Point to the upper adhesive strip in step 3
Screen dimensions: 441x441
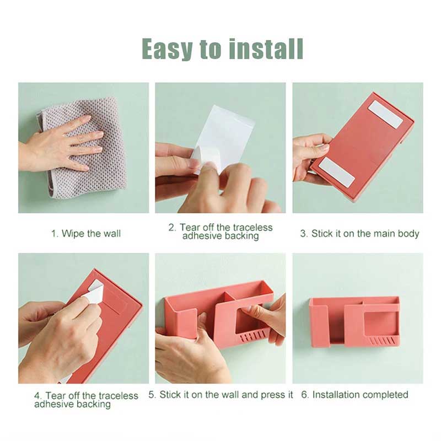386,115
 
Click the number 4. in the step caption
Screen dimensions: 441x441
38,396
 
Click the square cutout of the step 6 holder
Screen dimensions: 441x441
380,320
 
